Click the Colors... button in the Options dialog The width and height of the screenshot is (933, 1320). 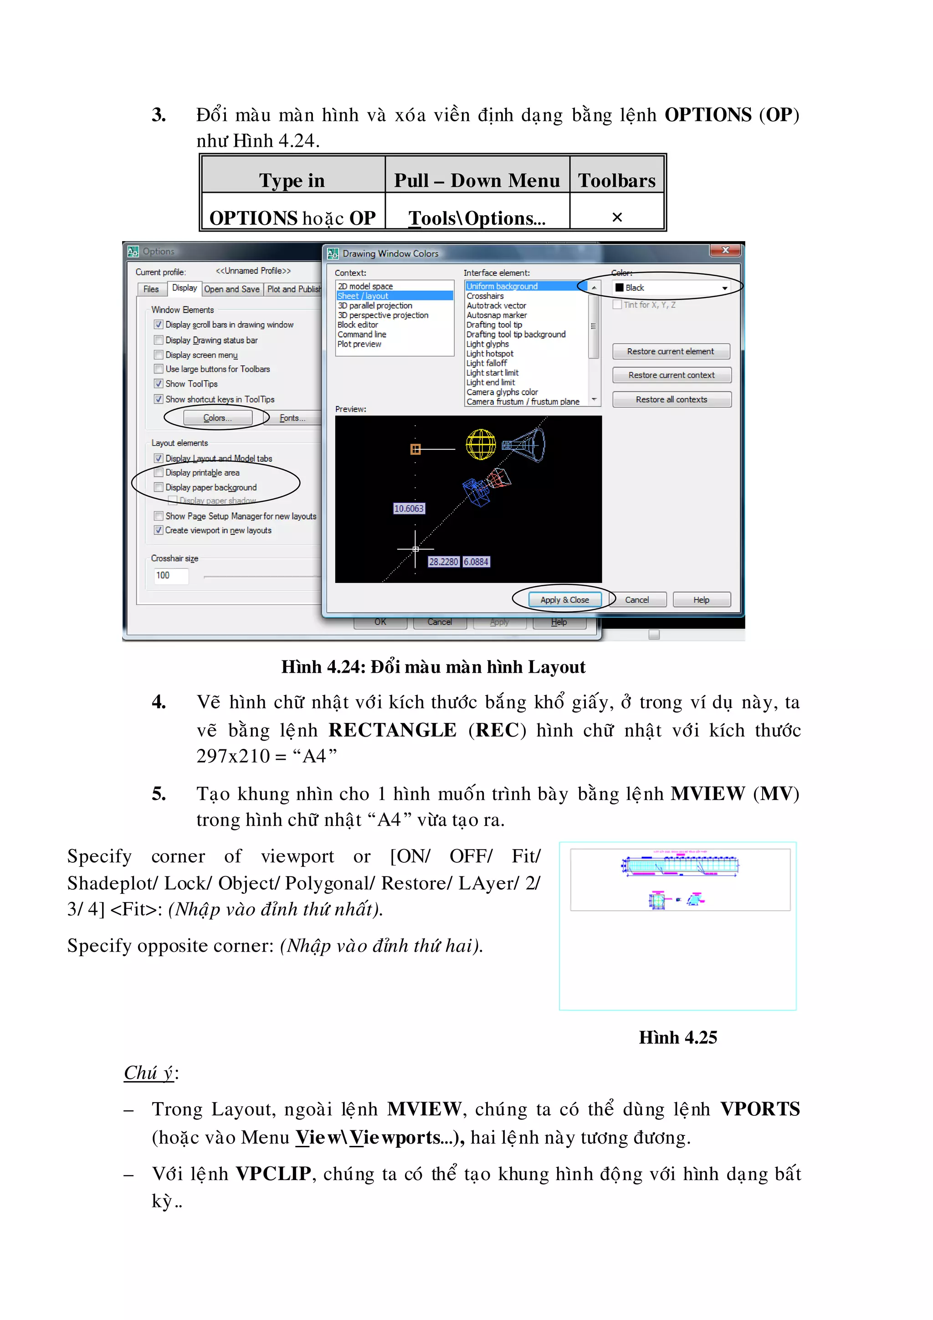point(217,418)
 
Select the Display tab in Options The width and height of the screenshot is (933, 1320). point(184,288)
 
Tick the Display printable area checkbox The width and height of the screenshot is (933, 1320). point(159,473)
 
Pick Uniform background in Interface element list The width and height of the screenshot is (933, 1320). point(502,286)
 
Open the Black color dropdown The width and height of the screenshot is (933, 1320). point(724,288)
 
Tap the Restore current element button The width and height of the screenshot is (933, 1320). point(671,351)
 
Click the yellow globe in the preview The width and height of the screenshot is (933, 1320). point(480,444)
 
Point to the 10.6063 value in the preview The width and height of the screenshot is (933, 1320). point(409,509)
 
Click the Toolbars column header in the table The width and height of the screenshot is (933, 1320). point(616,180)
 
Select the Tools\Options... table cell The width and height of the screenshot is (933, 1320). point(477,218)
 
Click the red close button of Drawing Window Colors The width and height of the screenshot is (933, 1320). point(725,250)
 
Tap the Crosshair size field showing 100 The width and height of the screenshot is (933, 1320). point(171,576)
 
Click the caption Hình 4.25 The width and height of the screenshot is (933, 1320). point(678,1038)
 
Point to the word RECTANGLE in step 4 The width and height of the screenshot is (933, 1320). point(392,730)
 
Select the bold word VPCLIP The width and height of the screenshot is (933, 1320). point(273,1173)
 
